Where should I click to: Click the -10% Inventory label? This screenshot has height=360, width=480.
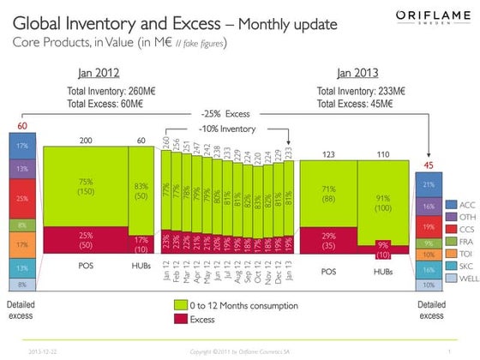[226, 129]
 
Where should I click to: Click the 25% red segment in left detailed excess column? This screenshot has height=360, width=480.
[21, 198]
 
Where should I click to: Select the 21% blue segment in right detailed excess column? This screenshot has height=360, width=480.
[427, 184]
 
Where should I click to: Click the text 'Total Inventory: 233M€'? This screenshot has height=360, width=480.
[361, 89]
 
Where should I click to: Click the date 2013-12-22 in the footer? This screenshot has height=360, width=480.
[44, 351]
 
